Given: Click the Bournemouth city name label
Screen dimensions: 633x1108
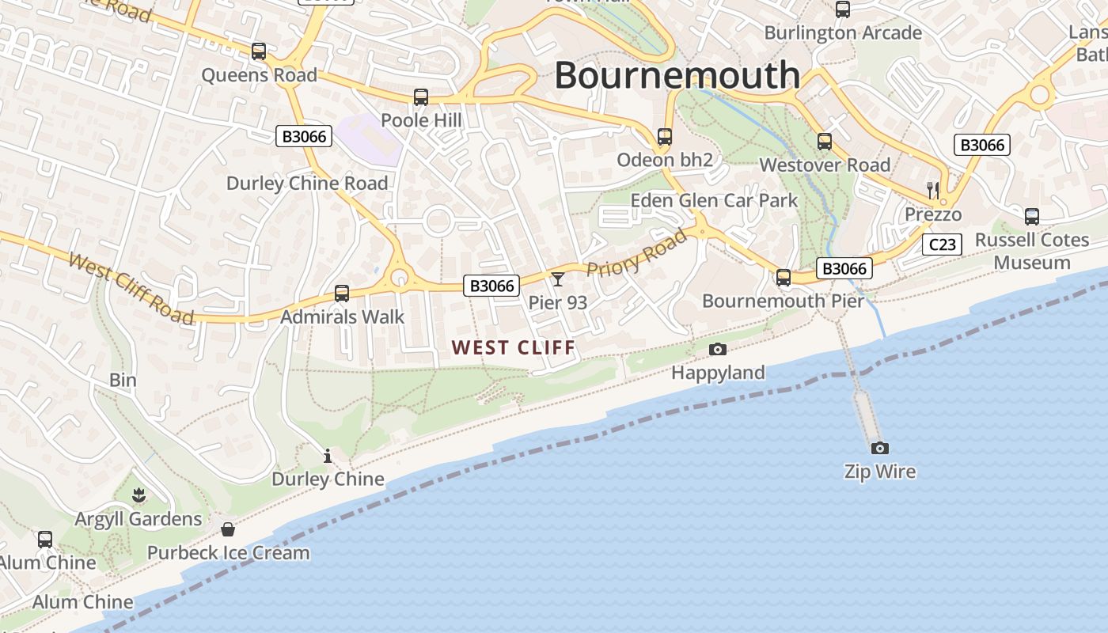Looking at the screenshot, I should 677,75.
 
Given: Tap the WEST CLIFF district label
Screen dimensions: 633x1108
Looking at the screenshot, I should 514,347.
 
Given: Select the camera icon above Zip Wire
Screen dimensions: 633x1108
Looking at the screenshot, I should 879,449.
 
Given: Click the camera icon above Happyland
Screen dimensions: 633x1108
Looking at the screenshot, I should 718,349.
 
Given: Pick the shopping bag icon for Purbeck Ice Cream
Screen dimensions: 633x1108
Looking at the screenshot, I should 228,529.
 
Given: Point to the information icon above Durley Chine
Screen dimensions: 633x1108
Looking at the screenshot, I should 328,456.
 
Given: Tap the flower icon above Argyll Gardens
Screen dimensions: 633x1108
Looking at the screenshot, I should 139,496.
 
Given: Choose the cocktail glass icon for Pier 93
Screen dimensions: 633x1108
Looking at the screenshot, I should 558,279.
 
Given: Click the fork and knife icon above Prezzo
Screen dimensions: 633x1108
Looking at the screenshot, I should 933,190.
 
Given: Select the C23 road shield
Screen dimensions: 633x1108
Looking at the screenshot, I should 942,244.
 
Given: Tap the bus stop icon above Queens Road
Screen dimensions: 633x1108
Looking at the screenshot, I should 259,51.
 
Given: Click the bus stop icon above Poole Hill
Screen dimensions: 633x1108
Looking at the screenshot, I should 421,97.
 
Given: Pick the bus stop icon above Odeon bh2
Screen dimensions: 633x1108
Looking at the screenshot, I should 665,137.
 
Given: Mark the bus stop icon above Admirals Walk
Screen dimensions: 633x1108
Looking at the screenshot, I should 342,294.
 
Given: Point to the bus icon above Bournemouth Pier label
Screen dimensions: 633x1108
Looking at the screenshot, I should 784,278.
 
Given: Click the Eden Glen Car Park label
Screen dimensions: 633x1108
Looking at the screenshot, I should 714,200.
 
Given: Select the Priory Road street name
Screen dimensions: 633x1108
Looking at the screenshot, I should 637,252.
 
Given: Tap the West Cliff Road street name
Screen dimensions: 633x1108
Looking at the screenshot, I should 131,288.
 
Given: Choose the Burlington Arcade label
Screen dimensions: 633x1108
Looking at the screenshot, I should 843,33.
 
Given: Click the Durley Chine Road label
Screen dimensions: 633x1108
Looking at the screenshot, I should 307,184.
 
